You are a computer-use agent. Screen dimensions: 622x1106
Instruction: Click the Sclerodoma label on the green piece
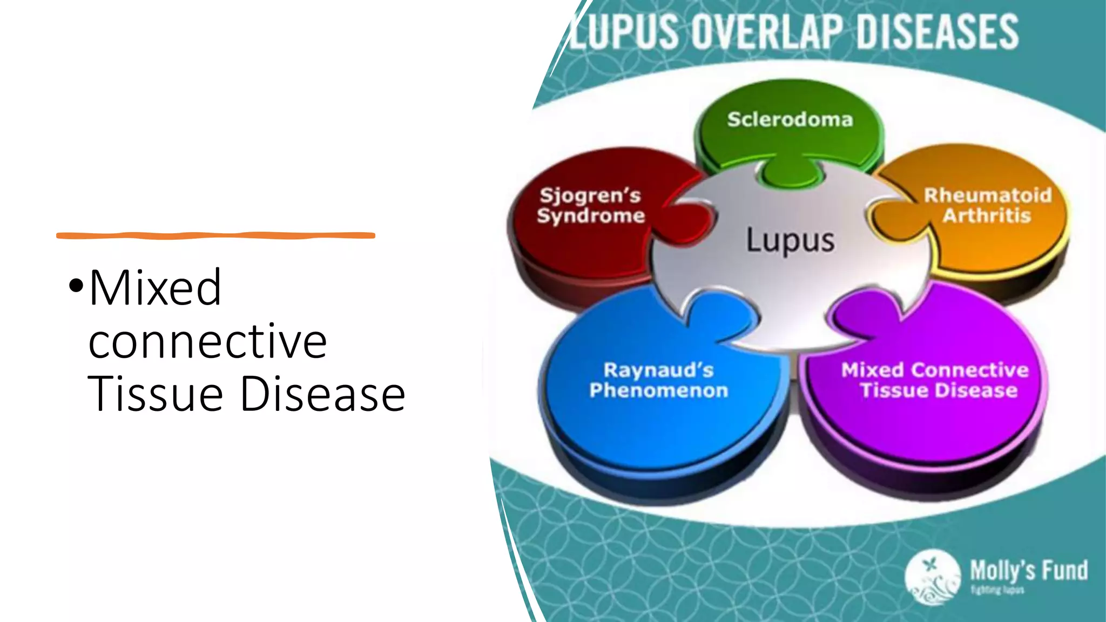pyautogui.click(x=790, y=119)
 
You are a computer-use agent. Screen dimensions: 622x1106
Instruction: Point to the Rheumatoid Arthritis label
pyautogui.click(x=988, y=205)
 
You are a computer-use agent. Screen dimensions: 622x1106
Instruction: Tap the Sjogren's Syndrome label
pyautogui.click(x=590, y=205)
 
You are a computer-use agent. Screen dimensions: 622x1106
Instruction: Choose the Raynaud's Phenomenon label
pyautogui.click(x=659, y=380)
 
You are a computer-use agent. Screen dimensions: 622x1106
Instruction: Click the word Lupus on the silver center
pyautogui.click(x=790, y=240)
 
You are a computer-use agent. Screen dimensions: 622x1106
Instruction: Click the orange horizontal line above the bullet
pyautogui.click(x=215, y=235)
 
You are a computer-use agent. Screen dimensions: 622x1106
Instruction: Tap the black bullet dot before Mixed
pyautogui.click(x=76, y=285)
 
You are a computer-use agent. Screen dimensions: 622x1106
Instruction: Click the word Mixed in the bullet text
pyautogui.click(x=156, y=287)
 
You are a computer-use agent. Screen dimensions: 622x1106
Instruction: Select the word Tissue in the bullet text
pyautogui.click(x=156, y=394)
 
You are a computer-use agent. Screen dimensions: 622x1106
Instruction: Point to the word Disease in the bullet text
pyautogui.click(x=322, y=394)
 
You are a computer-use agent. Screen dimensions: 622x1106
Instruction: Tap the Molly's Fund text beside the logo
pyautogui.click(x=1029, y=570)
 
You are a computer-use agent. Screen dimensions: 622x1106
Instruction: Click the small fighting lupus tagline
pyautogui.click(x=997, y=590)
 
